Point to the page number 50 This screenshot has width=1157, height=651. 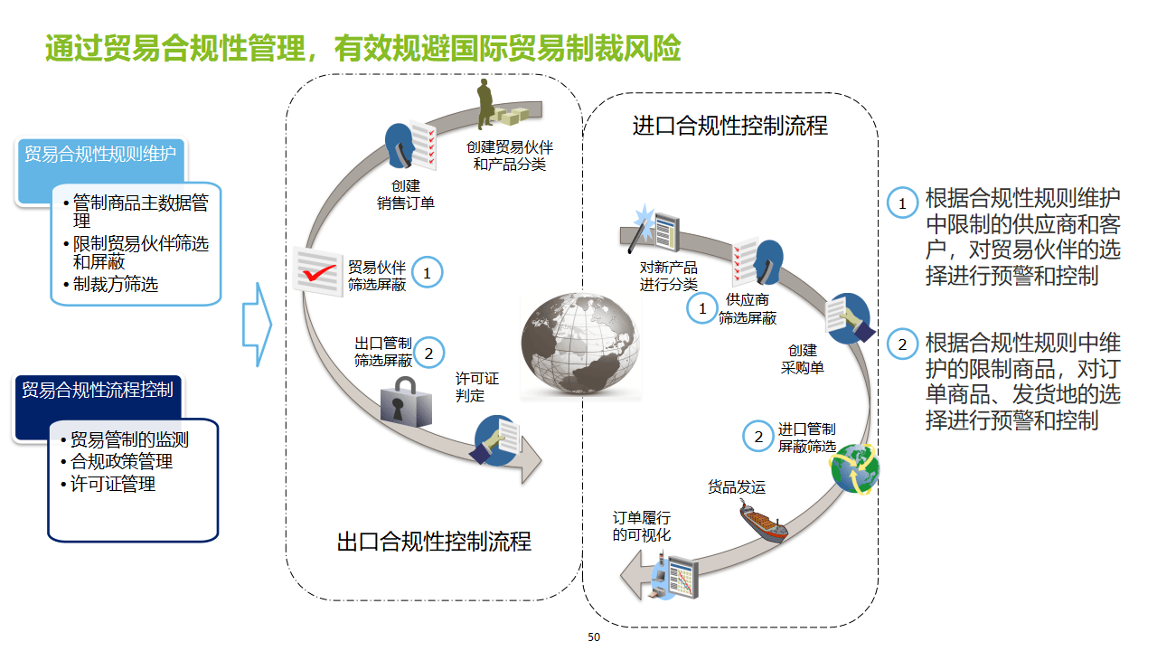(x=594, y=637)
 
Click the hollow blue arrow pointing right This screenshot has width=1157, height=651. (x=257, y=325)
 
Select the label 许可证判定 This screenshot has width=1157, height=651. (x=476, y=387)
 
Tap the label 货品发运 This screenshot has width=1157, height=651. (x=737, y=487)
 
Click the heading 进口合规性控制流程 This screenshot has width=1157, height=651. (x=729, y=125)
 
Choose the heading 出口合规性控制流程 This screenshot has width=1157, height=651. (x=434, y=542)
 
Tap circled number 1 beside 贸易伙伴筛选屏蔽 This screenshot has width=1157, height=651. (x=428, y=271)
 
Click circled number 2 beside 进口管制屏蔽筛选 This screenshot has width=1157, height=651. (x=758, y=438)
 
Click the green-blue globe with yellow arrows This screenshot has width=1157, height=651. (x=855, y=468)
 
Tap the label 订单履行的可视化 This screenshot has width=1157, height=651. (x=642, y=526)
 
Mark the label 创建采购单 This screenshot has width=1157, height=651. (x=803, y=359)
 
